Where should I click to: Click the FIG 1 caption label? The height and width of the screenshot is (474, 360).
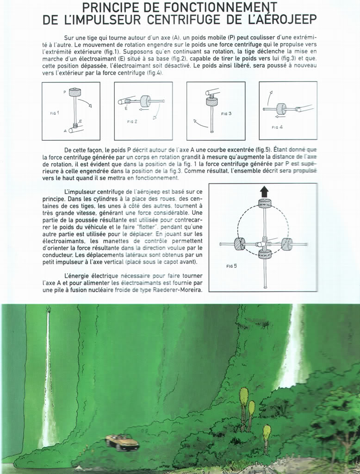pyautogui.click(x=55, y=112)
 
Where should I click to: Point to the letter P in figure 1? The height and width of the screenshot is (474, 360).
pyautogui.click(x=65, y=92)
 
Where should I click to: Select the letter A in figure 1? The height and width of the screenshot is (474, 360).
pyautogui.click(x=65, y=131)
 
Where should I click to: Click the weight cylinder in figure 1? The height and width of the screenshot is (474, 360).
pyautogui.click(x=75, y=92)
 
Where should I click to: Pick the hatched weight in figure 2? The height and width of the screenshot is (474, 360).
pyautogui.click(x=145, y=101)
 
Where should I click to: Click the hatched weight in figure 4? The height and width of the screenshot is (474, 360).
pyautogui.click(x=281, y=109)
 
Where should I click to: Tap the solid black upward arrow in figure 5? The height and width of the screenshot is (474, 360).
pyautogui.click(x=264, y=191)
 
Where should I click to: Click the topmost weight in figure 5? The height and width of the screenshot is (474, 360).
pyautogui.click(x=264, y=203)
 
